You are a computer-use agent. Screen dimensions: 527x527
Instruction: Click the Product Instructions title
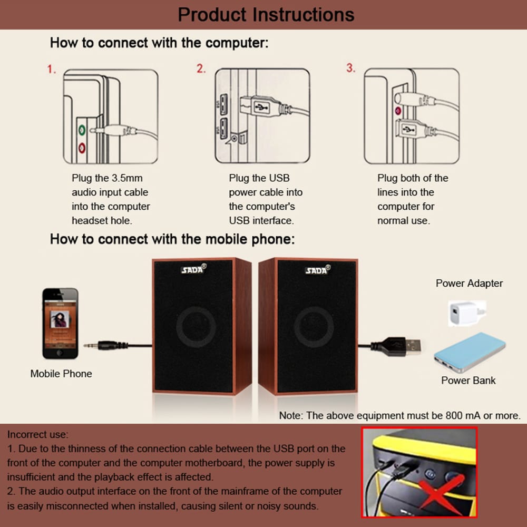[266, 14]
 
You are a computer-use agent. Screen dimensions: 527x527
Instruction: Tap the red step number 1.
[52, 69]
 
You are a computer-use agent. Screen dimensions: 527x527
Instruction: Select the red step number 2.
[201, 69]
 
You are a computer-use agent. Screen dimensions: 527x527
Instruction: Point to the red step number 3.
[350, 69]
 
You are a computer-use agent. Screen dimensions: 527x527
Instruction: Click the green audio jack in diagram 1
[82, 129]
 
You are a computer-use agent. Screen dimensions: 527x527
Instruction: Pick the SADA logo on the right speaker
[317, 270]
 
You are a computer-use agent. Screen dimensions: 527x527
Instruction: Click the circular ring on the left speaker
[196, 327]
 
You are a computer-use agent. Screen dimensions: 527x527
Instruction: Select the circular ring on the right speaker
[314, 327]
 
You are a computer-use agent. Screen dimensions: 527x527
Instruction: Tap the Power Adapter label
[469, 284]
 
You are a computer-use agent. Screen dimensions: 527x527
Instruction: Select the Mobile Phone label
[61, 374]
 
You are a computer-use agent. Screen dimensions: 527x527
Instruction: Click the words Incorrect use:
[37, 435]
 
